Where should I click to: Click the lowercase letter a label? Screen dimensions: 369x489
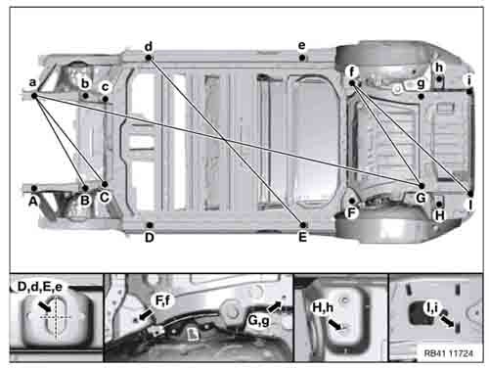pos(33,83)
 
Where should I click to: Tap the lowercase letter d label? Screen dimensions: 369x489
pos(149,46)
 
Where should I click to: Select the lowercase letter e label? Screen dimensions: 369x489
pos(302,46)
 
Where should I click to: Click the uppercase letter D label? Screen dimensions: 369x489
pos(150,237)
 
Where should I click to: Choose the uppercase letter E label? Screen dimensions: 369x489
pos(303,237)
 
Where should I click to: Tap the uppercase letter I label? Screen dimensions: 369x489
pos(469,206)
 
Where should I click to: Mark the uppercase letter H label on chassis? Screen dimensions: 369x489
pos(439,214)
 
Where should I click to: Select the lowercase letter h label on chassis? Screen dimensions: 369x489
pos(439,67)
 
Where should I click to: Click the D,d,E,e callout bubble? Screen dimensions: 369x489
pos(44,287)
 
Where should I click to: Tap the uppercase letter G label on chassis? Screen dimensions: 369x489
pos(421,197)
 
